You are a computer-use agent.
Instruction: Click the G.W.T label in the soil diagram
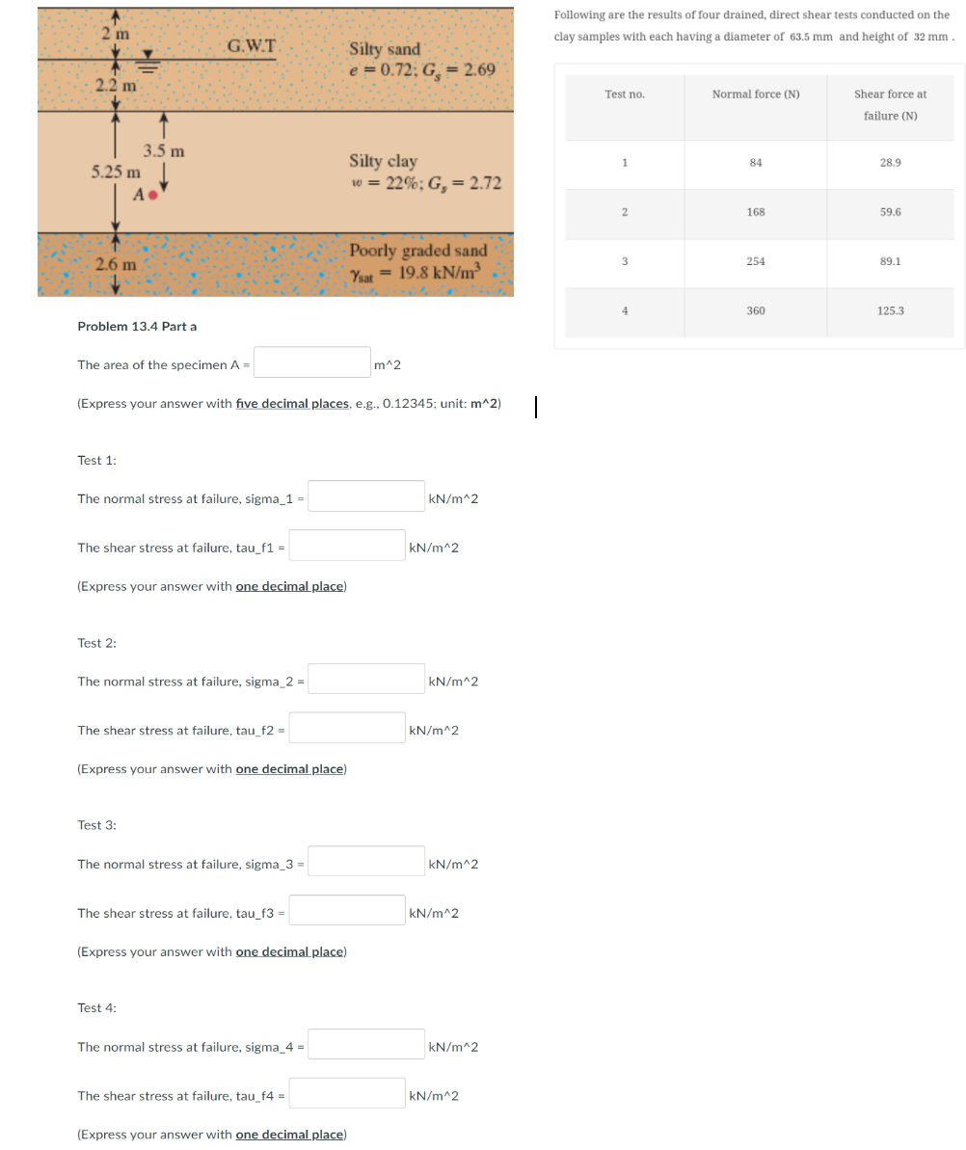point(253,45)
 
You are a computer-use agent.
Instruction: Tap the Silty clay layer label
point(383,161)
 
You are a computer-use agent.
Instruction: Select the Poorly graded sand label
point(418,251)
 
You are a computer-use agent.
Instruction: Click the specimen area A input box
point(312,363)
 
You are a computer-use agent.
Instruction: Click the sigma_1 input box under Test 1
point(366,497)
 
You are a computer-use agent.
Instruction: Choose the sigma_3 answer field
point(366,863)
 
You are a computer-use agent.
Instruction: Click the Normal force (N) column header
point(756,94)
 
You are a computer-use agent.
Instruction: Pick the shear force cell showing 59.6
point(890,212)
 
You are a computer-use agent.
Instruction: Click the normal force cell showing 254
point(756,261)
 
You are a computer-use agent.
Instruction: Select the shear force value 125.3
point(890,311)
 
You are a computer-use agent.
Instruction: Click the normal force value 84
point(756,163)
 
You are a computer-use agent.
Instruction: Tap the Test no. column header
point(625,94)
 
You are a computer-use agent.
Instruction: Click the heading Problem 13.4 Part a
point(137,326)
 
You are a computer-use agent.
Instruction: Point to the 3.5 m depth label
point(164,150)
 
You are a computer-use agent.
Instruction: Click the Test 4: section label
point(96,1007)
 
